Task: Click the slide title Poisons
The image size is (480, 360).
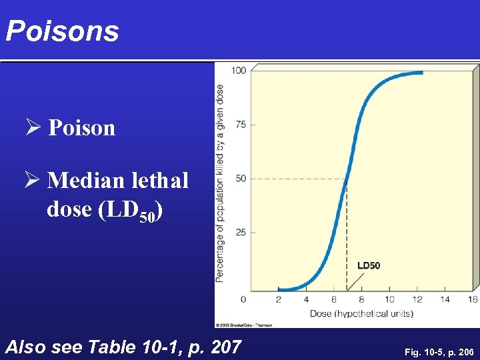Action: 62,31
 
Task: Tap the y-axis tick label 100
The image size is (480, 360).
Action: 239,71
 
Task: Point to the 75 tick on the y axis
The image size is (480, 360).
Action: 241,125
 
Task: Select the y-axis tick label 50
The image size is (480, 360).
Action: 241,179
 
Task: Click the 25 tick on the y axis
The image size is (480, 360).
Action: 241,233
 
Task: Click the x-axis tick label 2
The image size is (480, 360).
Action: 278,299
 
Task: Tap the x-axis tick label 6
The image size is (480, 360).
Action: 334,299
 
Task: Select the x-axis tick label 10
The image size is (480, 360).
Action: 389,299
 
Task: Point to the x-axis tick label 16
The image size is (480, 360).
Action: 473,299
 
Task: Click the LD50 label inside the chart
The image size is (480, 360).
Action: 369,265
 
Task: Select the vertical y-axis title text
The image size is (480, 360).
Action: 220,181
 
